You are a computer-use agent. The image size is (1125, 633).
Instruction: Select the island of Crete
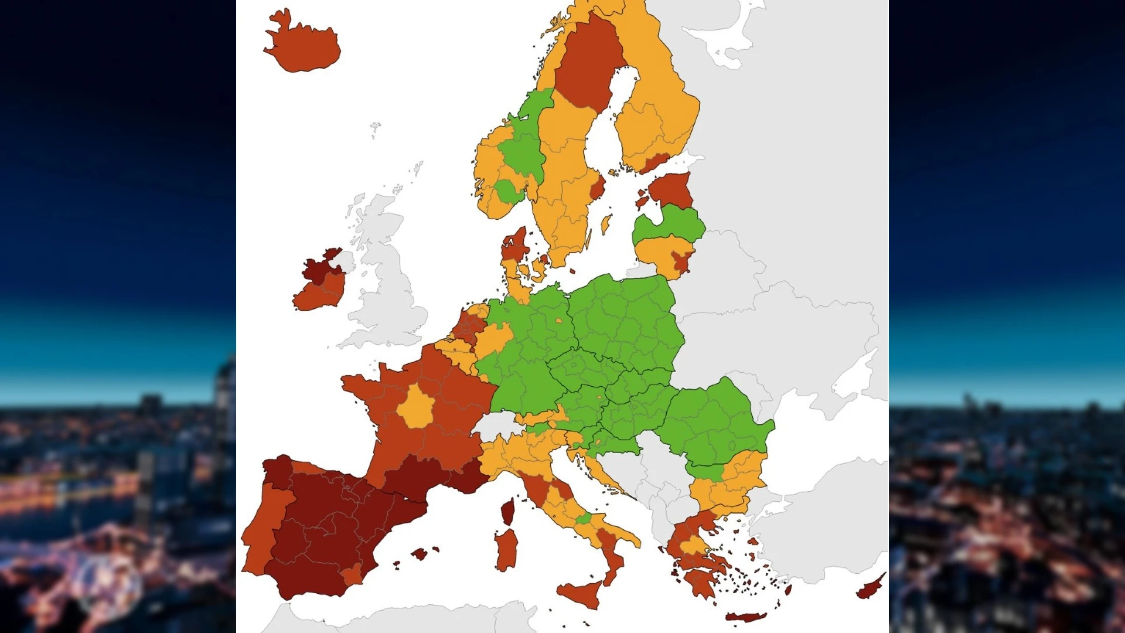tap(745, 617)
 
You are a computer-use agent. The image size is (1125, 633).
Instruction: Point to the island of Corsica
tap(508, 512)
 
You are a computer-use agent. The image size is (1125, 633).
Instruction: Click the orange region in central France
tap(417, 407)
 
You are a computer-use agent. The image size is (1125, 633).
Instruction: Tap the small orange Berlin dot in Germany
tap(559, 321)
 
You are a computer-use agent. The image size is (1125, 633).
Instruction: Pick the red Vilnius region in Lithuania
tap(681, 261)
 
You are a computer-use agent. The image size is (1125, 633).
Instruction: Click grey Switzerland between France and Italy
tap(498, 424)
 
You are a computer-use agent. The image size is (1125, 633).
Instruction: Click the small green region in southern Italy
tap(584, 519)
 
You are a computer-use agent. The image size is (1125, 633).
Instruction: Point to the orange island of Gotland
tap(606, 223)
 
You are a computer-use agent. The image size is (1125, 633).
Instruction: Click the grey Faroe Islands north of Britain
tap(375, 128)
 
